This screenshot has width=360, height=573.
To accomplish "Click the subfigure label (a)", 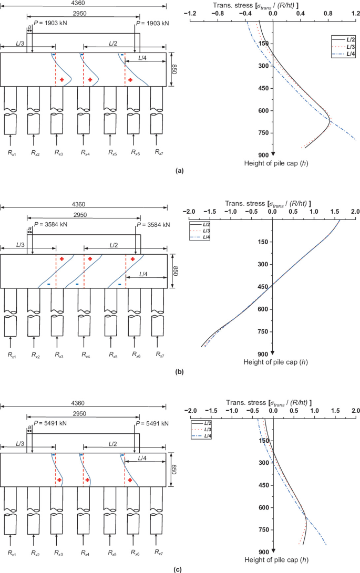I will (180, 171).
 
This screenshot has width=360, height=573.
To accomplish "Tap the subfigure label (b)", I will (180, 371).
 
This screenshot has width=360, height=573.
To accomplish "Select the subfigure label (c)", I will (180, 569).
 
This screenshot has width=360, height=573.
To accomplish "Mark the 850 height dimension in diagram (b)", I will (176, 271).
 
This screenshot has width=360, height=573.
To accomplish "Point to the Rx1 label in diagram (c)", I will (11, 553).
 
